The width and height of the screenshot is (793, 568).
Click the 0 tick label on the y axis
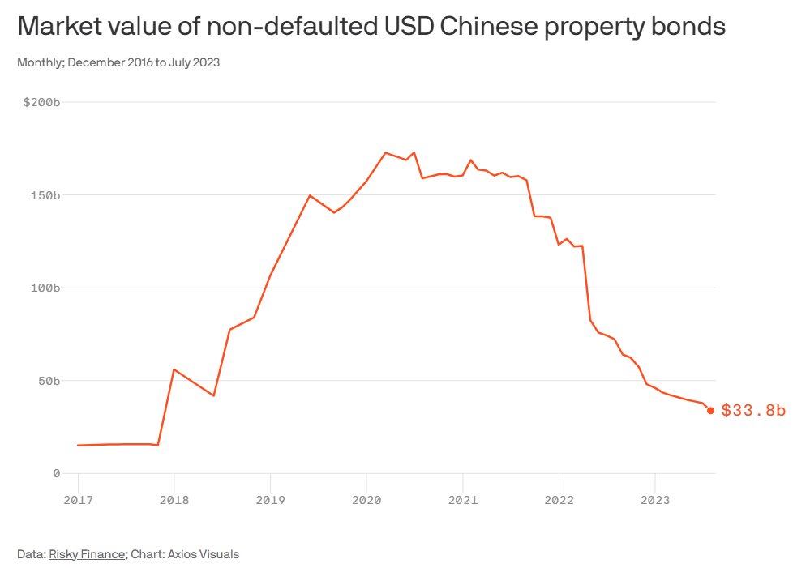point(57,473)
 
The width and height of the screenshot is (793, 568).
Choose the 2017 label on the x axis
point(78,499)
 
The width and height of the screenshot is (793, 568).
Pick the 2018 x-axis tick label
point(174,499)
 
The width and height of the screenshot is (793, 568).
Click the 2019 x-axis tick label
point(270,499)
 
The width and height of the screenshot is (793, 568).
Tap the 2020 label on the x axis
point(366,499)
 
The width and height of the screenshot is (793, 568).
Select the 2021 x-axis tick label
point(462,499)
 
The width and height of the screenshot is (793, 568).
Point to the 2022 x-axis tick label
point(559,499)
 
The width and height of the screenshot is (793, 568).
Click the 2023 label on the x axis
point(654,499)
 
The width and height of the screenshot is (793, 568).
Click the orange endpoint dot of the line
point(710,410)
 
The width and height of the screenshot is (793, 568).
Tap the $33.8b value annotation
point(753,411)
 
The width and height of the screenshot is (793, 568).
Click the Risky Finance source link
point(87,554)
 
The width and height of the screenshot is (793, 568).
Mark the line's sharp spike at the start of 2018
point(174,369)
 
